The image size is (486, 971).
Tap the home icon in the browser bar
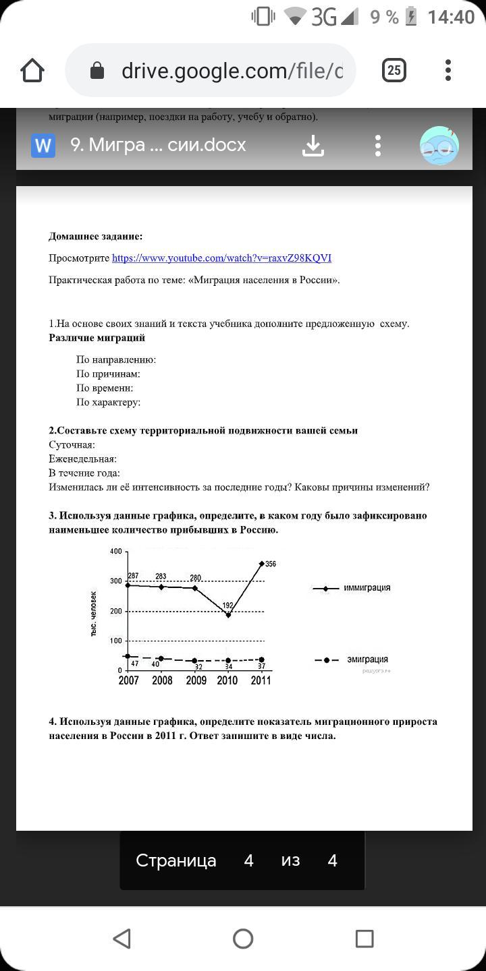[x=32, y=70]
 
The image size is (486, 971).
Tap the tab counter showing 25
[x=394, y=70]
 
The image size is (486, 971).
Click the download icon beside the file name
[x=313, y=145]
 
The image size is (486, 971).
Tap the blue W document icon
[x=43, y=145]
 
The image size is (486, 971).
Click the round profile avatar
[x=439, y=146]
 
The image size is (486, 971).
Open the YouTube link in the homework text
[x=221, y=258]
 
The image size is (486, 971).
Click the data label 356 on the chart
[x=271, y=564]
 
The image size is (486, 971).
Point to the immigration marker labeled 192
[x=228, y=614]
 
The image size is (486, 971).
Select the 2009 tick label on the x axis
[x=196, y=680]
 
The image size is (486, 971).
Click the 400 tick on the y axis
[x=115, y=552]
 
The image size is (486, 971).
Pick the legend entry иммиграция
[x=367, y=588]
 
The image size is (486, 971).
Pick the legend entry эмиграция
[x=367, y=659]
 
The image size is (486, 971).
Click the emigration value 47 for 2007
[x=134, y=664]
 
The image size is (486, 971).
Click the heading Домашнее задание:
[x=95, y=236]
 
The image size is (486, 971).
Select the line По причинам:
[x=108, y=374]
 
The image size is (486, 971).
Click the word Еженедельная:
[x=82, y=459]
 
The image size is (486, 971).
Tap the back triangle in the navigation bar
[x=122, y=938]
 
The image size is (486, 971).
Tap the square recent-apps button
[x=364, y=938]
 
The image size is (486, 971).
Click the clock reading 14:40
[x=451, y=18]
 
